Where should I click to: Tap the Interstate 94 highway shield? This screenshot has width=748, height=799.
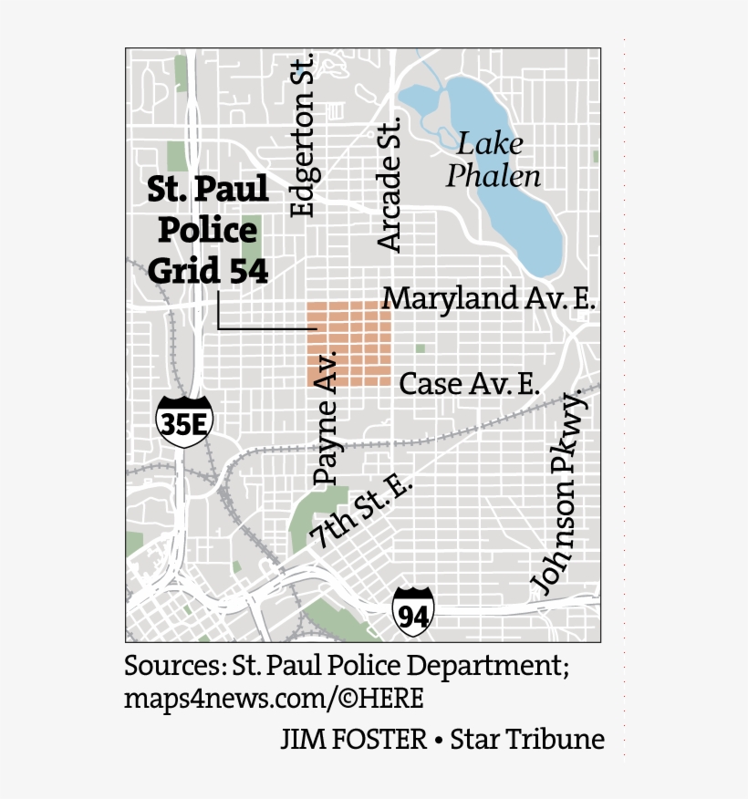point(413,612)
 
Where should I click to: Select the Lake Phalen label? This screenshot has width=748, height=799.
point(493,160)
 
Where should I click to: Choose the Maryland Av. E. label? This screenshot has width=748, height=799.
point(488,298)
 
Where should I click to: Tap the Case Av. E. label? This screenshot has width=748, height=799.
point(469,384)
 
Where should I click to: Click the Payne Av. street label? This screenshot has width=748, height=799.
point(326,417)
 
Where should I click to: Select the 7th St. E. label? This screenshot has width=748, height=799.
point(361,511)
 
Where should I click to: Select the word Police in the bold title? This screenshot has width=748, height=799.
point(207,230)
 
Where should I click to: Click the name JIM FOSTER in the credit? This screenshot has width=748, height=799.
point(353,739)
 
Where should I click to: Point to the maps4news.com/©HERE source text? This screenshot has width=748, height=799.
point(274,699)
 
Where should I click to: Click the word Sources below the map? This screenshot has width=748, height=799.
point(171,665)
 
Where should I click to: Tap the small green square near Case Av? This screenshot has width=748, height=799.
point(420,348)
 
